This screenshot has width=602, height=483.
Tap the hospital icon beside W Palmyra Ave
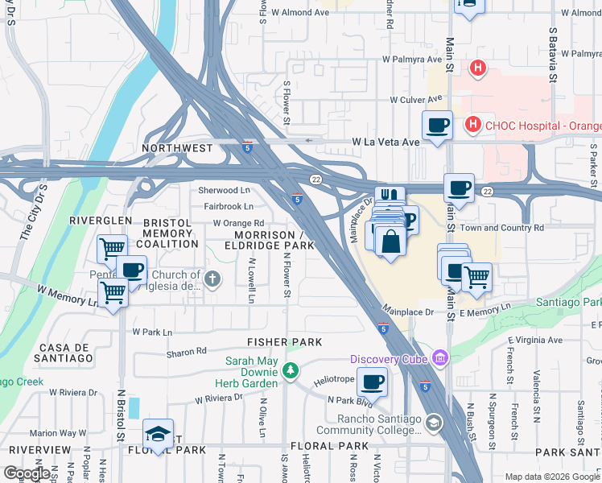point(478,68)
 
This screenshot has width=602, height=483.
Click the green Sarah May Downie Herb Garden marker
point(291,371)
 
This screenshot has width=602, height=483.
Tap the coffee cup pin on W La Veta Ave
point(437,126)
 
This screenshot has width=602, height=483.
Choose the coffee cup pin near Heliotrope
point(372,382)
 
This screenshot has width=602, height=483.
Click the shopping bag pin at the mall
point(390,242)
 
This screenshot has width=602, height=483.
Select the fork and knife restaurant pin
point(390,196)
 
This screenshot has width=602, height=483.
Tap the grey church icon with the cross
point(212,279)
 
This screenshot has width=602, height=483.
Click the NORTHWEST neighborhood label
point(178,148)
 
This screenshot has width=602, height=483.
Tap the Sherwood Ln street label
point(225,191)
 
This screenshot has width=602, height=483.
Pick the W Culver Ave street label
point(416,100)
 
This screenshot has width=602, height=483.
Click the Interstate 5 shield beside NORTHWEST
point(247,148)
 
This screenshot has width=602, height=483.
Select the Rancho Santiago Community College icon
point(434,423)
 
